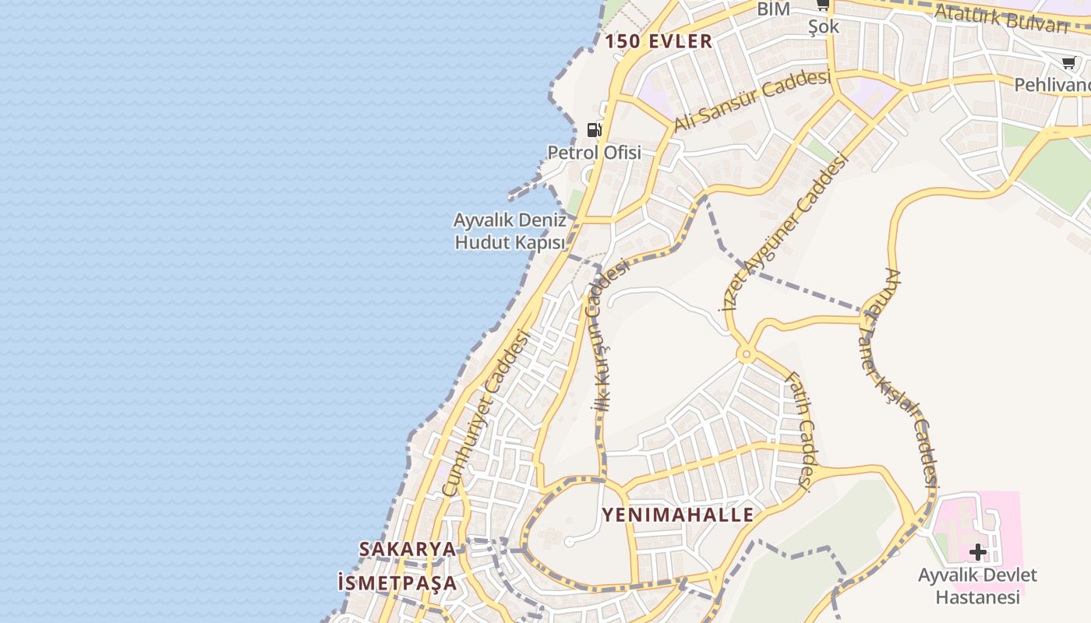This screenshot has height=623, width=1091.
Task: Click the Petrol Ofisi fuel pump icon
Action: [595, 130]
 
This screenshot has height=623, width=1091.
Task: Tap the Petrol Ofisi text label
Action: [595, 153]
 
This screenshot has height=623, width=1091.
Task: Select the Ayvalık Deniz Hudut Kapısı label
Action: [510, 231]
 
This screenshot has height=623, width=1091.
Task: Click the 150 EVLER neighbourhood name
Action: [658, 42]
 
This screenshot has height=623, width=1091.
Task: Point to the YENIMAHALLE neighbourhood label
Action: [678, 515]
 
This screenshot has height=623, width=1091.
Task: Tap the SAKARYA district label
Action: [408, 549]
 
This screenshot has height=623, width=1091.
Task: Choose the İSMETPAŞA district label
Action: [397, 583]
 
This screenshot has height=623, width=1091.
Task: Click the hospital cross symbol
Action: [977, 553]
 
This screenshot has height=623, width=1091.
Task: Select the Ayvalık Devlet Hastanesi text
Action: [977, 586]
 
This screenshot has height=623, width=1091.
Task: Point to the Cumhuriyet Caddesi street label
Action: [485, 414]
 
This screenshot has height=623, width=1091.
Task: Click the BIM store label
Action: [774, 9]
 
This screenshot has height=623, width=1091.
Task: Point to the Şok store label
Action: [824, 26]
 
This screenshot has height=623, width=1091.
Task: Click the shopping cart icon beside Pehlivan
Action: [1068, 63]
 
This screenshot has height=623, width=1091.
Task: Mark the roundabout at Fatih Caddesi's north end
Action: [747, 356]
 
